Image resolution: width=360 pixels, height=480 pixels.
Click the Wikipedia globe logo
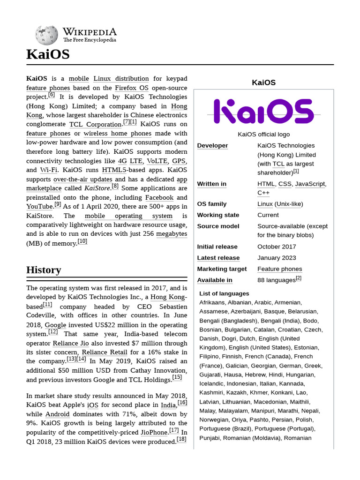click(46, 35)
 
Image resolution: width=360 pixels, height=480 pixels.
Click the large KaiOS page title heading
click(48, 54)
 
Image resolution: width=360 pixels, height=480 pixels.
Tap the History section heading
click(44, 270)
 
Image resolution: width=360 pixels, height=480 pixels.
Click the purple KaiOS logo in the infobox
click(263, 111)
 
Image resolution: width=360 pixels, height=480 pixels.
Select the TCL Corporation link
click(95, 124)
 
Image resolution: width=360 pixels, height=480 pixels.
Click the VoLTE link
click(157, 161)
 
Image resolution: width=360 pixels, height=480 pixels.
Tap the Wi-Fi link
click(49, 170)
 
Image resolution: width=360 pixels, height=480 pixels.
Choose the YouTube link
click(39, 206)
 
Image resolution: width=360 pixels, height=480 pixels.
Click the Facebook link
click(159, 197)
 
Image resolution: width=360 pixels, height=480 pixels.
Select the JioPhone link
click(154, 432)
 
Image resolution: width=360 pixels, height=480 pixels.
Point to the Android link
click(57, 414)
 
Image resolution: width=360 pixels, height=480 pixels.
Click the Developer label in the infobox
click(212, 146)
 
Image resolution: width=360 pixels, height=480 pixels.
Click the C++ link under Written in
click(263, 193)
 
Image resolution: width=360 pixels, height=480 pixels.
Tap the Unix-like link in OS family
click(288, 204)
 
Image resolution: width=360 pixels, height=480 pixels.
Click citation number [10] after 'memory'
click(82, 241)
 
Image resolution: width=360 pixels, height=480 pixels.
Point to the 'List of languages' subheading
click(224, 293)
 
